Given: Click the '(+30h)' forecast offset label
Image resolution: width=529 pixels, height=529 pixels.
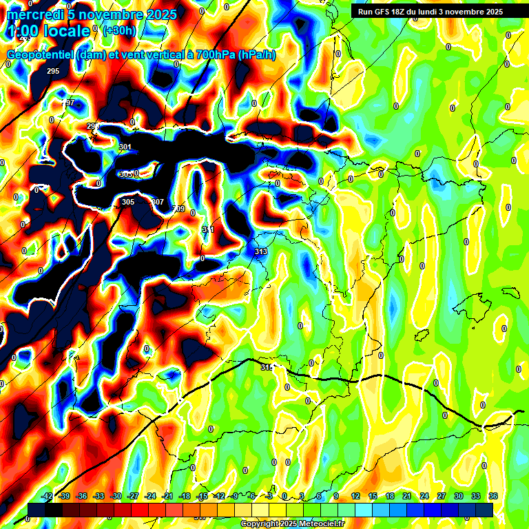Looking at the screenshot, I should (x=119, y=30).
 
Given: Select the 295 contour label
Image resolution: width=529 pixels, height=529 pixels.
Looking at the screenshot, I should (x=53, y=72).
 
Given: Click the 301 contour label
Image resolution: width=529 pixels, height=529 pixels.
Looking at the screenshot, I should (x=125, y=147).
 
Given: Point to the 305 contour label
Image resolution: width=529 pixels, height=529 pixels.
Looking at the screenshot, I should (x=128, y=202).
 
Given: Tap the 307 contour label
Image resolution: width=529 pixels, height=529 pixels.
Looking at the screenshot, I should (x=158, y=202).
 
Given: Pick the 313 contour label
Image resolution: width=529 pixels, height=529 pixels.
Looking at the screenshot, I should (x=260, y=252).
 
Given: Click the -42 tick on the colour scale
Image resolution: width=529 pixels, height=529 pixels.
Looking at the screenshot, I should (x=47, y=496).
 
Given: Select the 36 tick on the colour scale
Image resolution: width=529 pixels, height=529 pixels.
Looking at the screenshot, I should (x=492, y=496).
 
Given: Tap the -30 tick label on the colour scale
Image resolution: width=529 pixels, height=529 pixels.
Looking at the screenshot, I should (x=116, y=496).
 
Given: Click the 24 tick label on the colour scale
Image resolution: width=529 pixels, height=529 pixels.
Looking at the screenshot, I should (x=424, y=496).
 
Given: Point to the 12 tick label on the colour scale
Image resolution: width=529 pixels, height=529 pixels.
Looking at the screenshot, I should (x=355, y=496).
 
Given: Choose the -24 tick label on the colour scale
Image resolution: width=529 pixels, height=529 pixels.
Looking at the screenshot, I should (x=150, y=496).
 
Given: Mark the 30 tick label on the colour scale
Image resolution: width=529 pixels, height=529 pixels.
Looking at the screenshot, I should (x=458, y=496).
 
